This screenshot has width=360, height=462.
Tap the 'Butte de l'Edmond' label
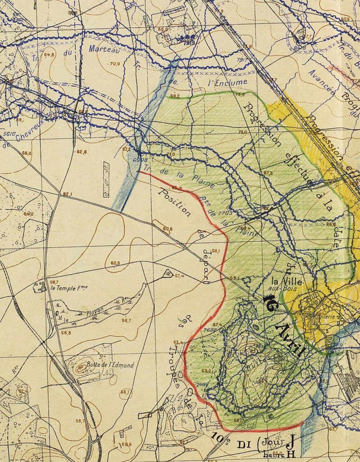click(110, 365)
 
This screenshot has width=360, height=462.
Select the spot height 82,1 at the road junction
click(67, 194)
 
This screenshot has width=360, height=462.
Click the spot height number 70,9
click(115, 64)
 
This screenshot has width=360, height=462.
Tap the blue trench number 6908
click(140, 160)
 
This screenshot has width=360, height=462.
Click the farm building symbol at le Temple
click(39, 286)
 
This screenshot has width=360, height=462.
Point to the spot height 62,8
click(81, 152)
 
